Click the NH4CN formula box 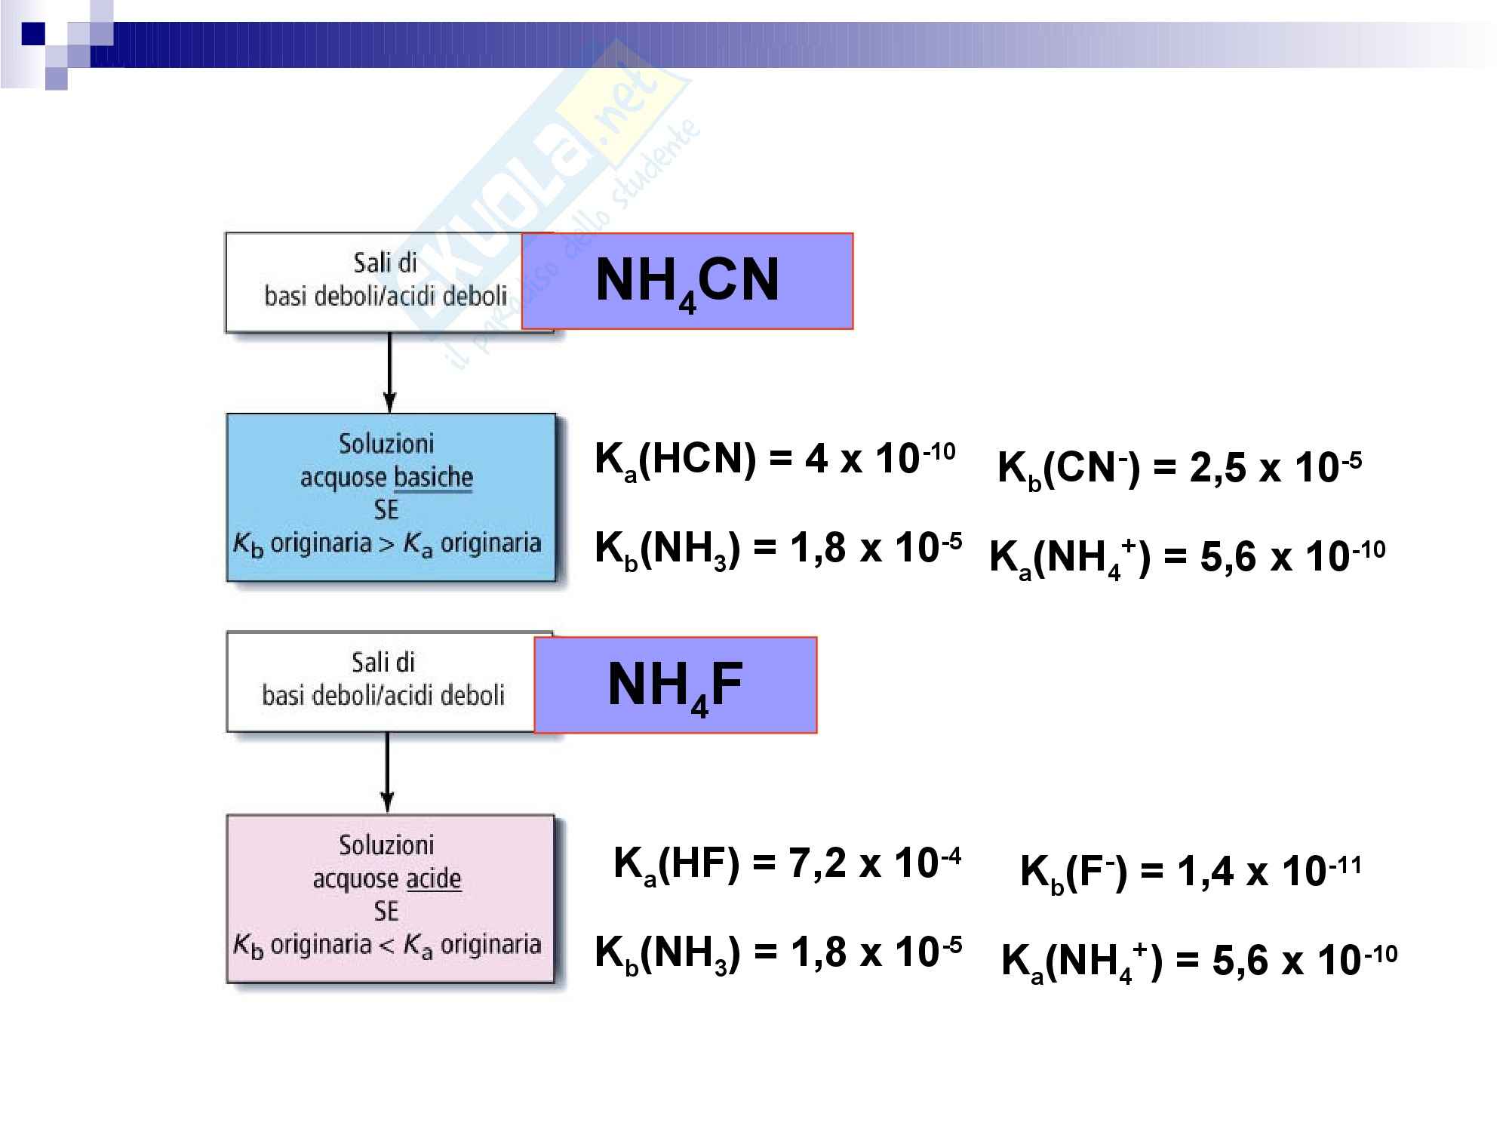[x=687, y=281]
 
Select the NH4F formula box [x=675, y=684]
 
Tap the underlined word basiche [x=433, y=477]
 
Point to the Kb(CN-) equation [x=1179, y=468]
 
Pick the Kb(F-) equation [x=1191, y=872]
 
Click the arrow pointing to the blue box [x=389, y=373]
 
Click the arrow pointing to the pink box [x=387, y=773]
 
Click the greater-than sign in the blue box [x=387, y=543]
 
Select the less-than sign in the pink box [x=387, y=945]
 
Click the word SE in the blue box [x=386, y=510]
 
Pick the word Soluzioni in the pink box [x=386, y=844]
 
